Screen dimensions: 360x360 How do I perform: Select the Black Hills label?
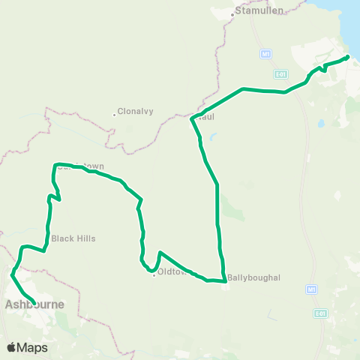[x=73, y=238]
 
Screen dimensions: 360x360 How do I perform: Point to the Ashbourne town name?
[x=34, y=304]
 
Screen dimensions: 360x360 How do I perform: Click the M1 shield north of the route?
[x=266, y=54]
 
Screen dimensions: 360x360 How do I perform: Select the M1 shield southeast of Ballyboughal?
[x=310, y=289]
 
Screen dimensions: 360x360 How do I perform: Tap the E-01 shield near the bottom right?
[x=321, y=313]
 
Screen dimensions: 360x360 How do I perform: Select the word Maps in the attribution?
[x=32, y=347]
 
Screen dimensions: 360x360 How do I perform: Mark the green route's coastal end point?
[x=347, y=57]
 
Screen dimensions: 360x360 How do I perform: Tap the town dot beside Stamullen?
[x=233, y=12]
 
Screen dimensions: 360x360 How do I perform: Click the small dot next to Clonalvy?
[x=115, y=115]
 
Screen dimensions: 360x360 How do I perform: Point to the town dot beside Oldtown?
[x=154, y=274]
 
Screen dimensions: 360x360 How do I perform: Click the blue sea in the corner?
[x=352, y=19]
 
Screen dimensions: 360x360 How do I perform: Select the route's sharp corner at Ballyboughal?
[x=224, y=281]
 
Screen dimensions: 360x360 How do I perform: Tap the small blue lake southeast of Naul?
[x=213, y=138]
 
